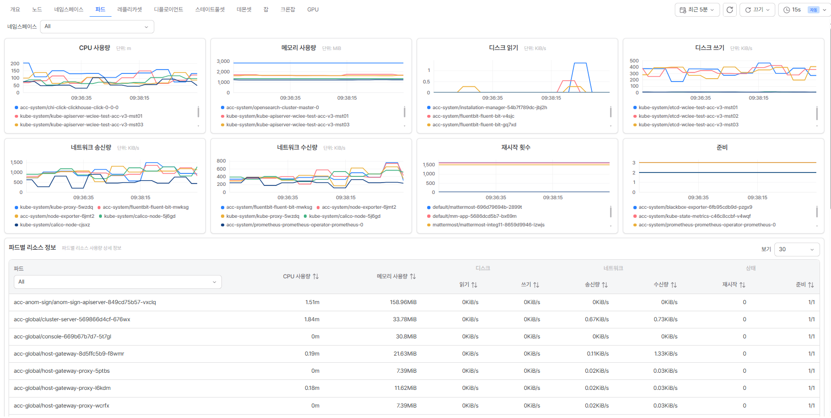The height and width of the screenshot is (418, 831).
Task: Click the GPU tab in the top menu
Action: [x=313, y=10]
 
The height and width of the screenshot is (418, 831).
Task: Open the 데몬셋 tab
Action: [x=244, y=10]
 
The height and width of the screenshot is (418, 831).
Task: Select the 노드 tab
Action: [x=37, y=10]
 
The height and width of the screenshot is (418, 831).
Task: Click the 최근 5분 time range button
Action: [x=697, y=10]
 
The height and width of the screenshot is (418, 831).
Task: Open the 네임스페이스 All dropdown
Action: [x=97, y=27]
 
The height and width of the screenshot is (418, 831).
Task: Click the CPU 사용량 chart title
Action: [x=94, y=48]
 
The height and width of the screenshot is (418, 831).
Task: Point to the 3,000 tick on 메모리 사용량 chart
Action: [x=223, y=61]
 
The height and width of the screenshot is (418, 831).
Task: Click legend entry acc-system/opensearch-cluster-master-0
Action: [x=272, y=108]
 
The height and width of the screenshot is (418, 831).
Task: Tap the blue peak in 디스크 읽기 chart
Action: [x=580, y=63]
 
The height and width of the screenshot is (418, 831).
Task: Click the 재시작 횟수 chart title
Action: [x=516, y=148]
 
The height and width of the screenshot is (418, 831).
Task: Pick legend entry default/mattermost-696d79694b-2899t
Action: [x=477, y=207]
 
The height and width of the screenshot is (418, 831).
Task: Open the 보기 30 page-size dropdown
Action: [x=797, y=249]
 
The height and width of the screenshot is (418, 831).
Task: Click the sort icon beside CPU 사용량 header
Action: [x=316, y=276]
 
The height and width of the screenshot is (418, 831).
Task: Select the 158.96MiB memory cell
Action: [x=403, y=302]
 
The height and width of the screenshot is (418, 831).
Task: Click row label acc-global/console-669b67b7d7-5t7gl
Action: [x=62, y=336]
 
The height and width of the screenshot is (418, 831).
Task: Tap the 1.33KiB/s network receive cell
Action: [x=666, y=354]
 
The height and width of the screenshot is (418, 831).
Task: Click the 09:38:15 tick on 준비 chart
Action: [x=757, y=197]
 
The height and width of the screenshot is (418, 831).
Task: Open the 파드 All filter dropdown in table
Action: [x=118, y=282]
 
